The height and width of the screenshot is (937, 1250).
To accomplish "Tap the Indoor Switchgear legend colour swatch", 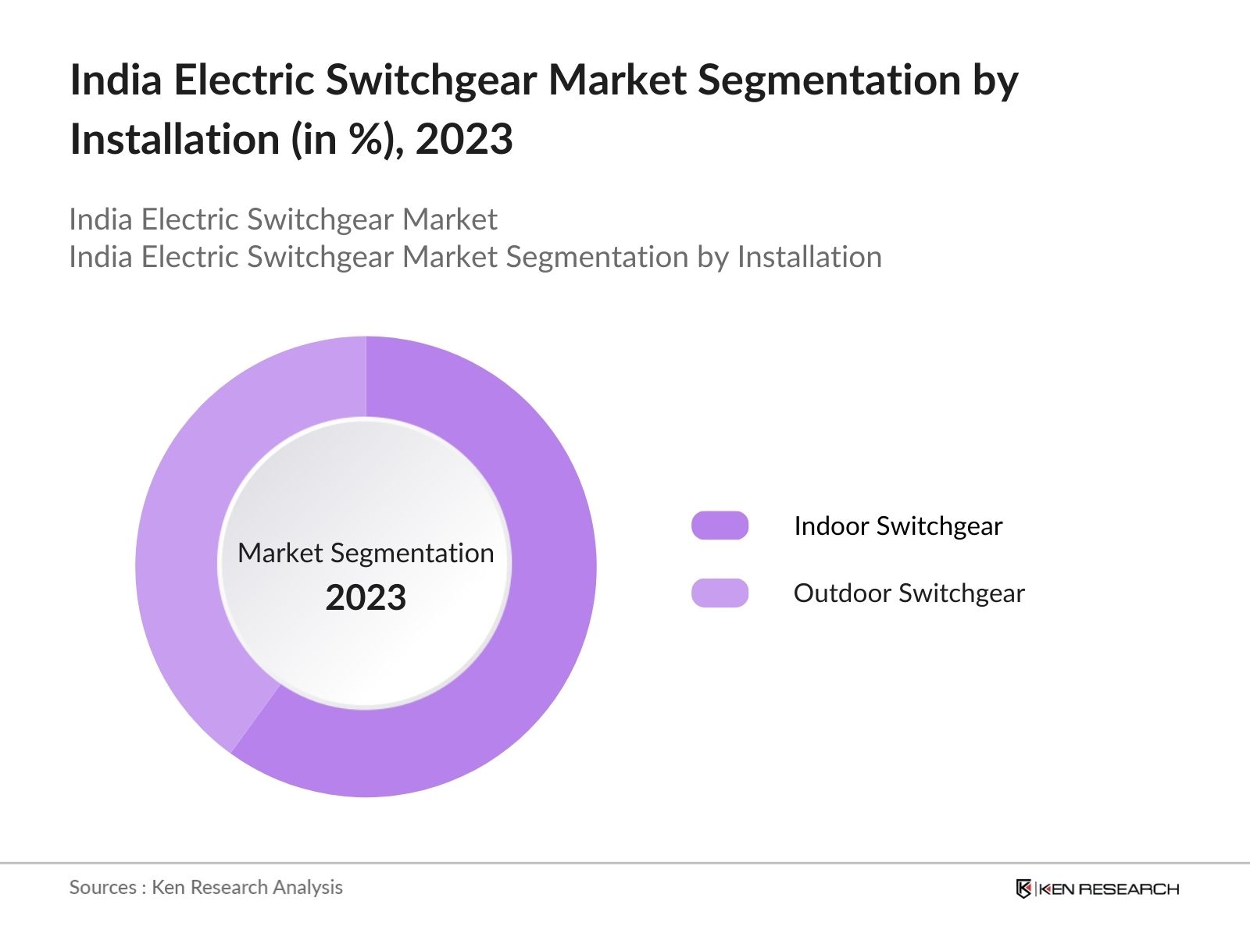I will [720, 526].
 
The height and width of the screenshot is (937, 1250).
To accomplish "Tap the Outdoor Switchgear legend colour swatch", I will [720, 593].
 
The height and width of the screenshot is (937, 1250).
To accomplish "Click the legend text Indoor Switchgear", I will [898, 526].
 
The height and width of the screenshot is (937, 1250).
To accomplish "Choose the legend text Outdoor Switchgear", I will [909, 593].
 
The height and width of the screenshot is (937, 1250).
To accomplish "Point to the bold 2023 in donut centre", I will [366, 598].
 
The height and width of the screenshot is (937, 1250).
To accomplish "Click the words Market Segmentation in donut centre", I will [366, 553].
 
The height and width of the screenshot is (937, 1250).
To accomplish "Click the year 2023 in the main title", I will [464, 140].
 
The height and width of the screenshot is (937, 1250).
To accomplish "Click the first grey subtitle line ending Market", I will [283, 219].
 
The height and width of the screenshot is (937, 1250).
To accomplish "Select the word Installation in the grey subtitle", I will [809, 257].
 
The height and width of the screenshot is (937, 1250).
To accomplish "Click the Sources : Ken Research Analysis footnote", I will [205, 887].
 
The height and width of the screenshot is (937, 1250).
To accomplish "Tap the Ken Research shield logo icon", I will [1023, 889].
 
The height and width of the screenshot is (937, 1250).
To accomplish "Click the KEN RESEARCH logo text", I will [1109, 889].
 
